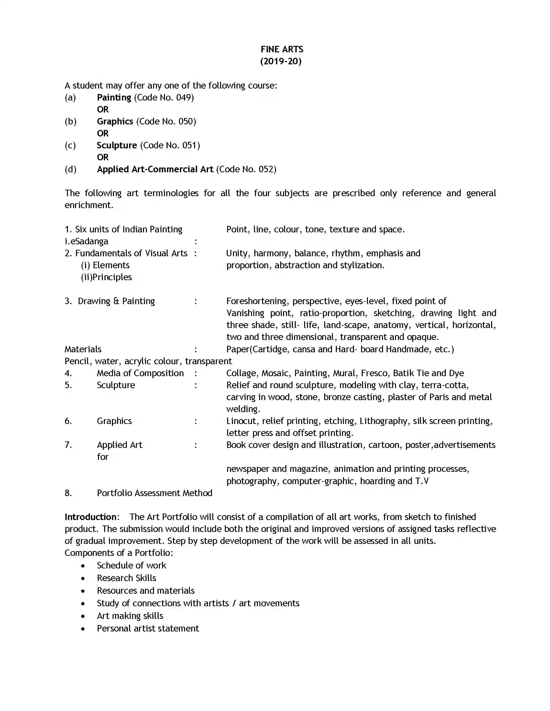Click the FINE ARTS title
(281, 49)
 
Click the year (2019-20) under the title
(280, 61)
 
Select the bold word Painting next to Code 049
(114, 97)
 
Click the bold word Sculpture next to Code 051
(117, 145)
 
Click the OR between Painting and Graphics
(103, 109)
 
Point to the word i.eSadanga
(86, 241)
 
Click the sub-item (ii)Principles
(106, 277)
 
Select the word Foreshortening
(257, 301)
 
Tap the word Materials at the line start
(83, 349)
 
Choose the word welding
(243, 409)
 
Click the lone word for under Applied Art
(102, 457)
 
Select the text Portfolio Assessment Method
(154, 493)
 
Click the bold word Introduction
(91, 517)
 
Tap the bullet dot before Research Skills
(83, 578)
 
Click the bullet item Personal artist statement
(148, 628)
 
